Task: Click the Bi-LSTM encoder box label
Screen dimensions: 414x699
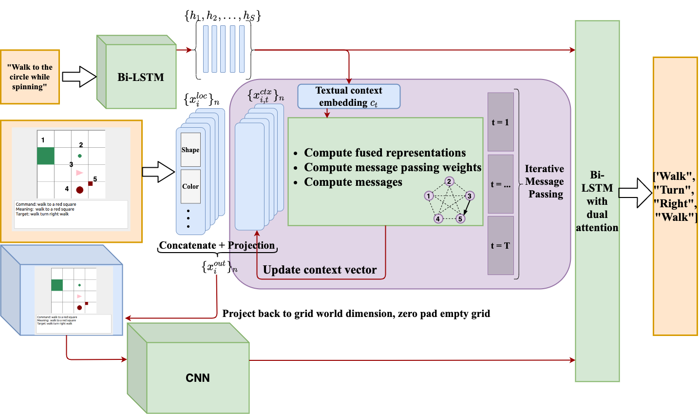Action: coord(141,77)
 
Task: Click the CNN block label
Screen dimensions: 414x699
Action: coord(198,378)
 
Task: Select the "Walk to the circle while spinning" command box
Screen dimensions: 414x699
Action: coord(30,77)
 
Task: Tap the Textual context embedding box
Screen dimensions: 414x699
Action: coord(349,97)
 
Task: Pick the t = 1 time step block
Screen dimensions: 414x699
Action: coord(500,122)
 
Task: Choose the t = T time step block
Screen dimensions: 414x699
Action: coord(500,246)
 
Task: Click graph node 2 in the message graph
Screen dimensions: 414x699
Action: coord(449,181)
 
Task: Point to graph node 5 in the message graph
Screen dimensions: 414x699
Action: coord(460,218)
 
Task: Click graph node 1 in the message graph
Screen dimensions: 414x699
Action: coord(429,196)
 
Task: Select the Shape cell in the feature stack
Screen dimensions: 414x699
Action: coord(190,150)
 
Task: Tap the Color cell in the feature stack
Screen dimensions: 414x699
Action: coord(190,186)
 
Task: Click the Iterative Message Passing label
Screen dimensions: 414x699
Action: coord(545,181)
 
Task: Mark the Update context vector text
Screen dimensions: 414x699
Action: coord(320,270)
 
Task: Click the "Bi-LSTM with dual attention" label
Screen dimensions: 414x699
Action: coord(597,201)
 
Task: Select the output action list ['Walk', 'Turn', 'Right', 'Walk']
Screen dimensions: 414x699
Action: coord(675,197)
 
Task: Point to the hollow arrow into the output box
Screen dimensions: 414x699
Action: coord(635,193)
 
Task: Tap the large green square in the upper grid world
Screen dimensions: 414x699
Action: coord(46,156)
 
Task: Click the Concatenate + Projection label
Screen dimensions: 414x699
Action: coord(217,245)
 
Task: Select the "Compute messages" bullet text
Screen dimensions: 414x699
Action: coord(353,182)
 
